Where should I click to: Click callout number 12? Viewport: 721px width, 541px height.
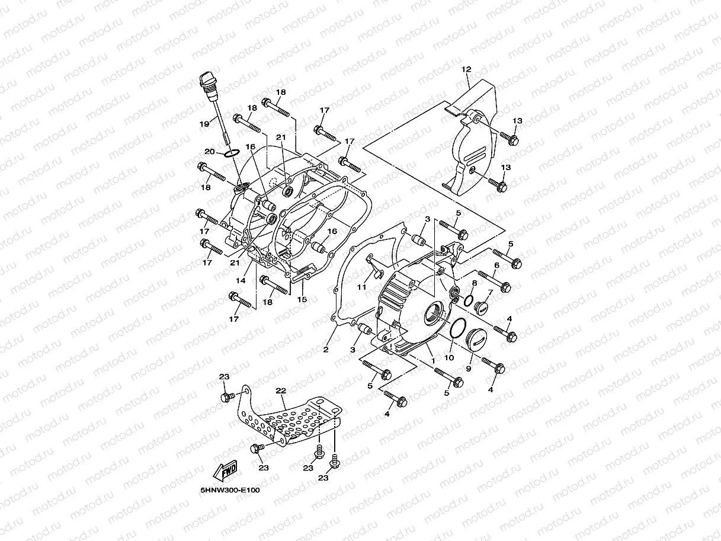(466, 70)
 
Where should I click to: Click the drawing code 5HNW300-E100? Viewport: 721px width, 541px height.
(230, 490)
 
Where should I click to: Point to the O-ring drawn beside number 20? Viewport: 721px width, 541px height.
(232, 153)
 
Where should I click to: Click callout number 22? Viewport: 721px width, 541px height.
(281, 390)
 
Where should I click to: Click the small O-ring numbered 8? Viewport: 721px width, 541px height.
(467, 300)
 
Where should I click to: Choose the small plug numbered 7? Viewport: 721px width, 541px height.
(481, 308)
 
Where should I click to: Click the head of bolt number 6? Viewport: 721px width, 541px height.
(505, 287)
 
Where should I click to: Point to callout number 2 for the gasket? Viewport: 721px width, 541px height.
(326, 350)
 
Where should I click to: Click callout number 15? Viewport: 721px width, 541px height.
(302, 300)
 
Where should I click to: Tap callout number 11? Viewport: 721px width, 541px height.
(361, 287)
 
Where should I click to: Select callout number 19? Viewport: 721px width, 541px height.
(204, 124)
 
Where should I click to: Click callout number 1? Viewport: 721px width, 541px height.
(433, 360)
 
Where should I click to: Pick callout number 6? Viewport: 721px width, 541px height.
(497, 265)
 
